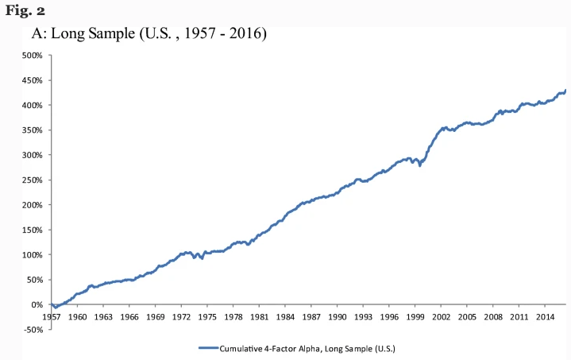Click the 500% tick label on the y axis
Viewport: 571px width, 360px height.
(x=31, y=56)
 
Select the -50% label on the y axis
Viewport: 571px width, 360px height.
(x=32, y=330)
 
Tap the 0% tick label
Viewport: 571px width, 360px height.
(x=37, y=305)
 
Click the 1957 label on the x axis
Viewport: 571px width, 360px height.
(x=52, y=316)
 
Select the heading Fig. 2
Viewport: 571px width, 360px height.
(x=21, y=10)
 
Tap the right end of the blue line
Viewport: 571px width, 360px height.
(x=565, y=90)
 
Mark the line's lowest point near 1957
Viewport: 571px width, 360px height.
(x=55, y=308)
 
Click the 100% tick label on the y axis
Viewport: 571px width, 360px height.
(x=31, y=255)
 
